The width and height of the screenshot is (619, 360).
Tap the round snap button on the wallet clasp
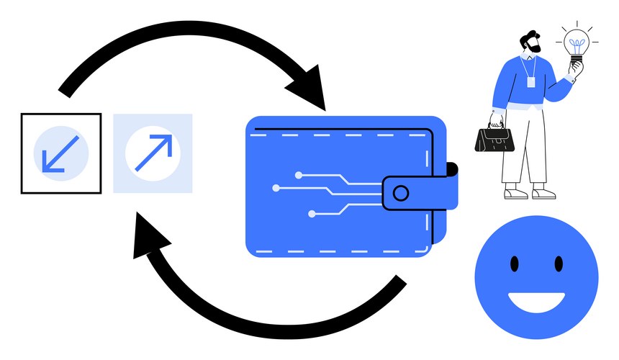coord(401,192)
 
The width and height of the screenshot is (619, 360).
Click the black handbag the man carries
coord(495,138)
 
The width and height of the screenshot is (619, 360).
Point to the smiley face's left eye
coord(515,264)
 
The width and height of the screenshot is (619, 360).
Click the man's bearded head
coord(531,44)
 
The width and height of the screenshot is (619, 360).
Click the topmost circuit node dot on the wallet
coord(298,174)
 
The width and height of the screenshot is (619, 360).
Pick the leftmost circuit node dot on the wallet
coord(276,188)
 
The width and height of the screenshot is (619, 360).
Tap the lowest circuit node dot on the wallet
coord(312,214)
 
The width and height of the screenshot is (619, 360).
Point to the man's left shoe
coord(512,193)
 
